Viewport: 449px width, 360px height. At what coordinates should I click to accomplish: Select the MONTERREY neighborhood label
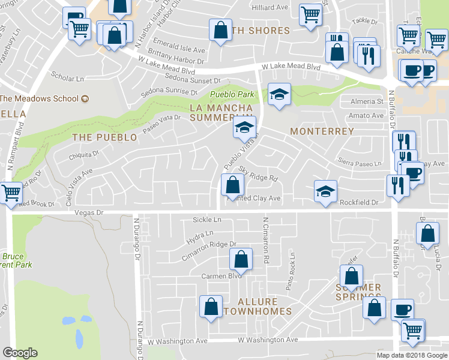[x=322, y=130]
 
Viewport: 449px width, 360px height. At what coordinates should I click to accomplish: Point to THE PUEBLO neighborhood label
[x=104, y=137]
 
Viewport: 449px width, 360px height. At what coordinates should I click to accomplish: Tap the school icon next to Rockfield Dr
[x=325, y=191]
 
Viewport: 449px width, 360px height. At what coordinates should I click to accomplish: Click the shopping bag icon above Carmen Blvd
[x=240, y=259]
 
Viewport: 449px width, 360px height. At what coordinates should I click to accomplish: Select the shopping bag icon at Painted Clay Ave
[x=232, y=184]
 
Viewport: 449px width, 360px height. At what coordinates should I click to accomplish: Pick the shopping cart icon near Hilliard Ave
[x=310, y=14]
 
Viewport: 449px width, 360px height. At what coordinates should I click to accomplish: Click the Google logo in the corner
[x=20, y=353]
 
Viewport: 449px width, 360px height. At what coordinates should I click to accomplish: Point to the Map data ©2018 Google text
[x=412, y=355]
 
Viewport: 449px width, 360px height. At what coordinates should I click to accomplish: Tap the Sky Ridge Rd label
[x=259, y=175]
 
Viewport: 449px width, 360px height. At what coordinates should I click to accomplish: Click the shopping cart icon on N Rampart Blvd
[x=10, y=194]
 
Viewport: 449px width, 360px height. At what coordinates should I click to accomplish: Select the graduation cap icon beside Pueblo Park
[x=279, y=94]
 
